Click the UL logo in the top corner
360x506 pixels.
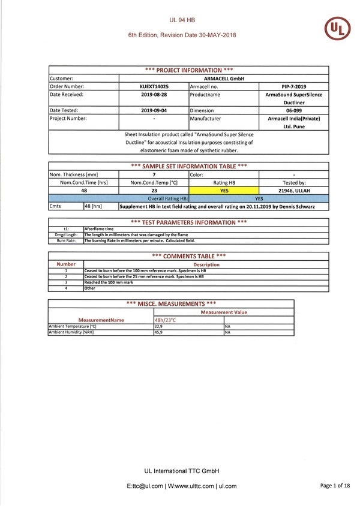(337, 29)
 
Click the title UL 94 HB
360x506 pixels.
(182, 20)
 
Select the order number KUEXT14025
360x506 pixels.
(154, 86)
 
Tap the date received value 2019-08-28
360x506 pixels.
(154, 94)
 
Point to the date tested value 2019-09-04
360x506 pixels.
(154, 111)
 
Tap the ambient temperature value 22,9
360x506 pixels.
(159, 327)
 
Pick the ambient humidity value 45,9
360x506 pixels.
(159, 332)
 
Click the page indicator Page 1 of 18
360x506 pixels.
(335, 486)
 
